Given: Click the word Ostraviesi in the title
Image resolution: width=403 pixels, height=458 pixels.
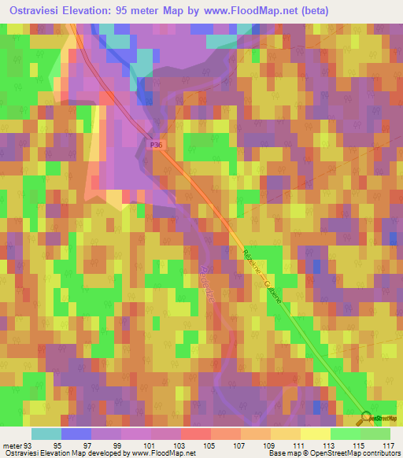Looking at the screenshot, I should click(39, 11).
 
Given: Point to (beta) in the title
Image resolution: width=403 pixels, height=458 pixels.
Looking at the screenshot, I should click(309, 11).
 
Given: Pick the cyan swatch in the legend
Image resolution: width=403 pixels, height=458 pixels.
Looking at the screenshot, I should click(46, 434).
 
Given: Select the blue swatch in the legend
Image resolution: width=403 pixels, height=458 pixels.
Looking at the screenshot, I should click(76, 434).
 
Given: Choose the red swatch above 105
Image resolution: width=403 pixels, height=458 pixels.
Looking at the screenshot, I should click(195, 434).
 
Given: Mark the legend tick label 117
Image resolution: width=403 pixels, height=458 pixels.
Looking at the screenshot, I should click(388, 445).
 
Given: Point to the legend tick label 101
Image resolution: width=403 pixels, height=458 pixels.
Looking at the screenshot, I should click(150, 445).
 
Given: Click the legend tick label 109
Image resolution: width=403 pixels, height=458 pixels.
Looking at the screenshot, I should click(268, 445).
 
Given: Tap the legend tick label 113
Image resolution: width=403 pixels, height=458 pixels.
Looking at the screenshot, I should click(328, 445).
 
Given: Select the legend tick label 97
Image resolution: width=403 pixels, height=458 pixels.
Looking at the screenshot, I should click(90, 445).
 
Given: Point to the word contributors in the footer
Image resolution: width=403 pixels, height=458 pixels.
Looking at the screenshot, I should click(379, 453).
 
